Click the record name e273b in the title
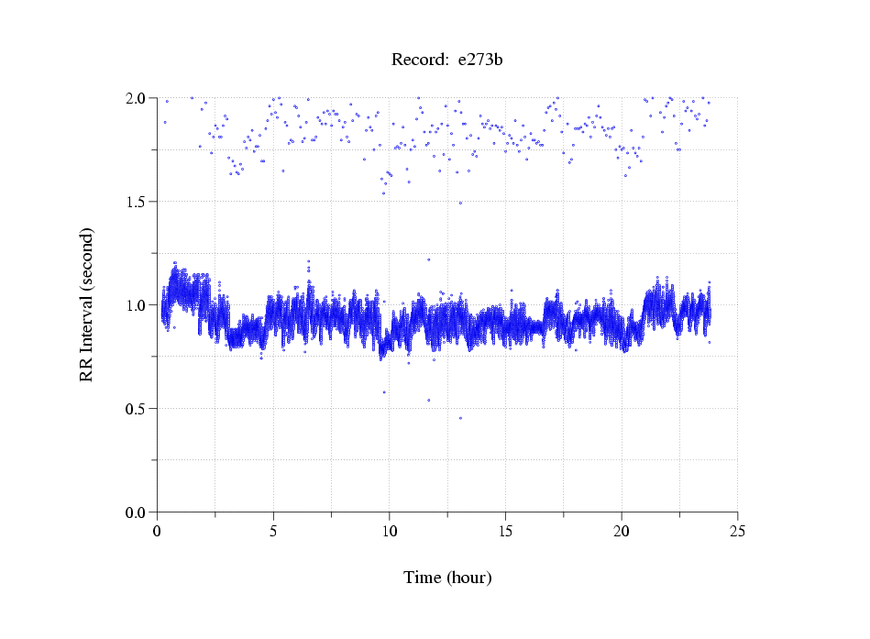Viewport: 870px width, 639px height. [480, 61]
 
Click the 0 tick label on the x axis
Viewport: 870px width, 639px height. [158, 530]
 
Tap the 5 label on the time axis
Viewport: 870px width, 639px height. [273, 530]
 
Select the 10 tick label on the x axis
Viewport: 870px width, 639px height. [390, 530]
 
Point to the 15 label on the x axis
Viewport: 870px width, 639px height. [505, 530]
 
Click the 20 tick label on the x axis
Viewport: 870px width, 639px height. [622, 530]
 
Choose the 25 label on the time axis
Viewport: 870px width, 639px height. [737, 530]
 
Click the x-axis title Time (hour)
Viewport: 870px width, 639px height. [447, 578]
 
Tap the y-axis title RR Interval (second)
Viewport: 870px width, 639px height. [86, 304]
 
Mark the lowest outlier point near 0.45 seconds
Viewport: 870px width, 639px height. [460, 418]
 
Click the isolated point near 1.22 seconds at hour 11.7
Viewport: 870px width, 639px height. [428, 259]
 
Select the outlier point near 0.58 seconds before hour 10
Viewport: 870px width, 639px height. [384, 392]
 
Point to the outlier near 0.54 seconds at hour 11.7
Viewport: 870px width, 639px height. [428, 401]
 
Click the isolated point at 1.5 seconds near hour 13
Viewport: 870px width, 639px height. [460, 203]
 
